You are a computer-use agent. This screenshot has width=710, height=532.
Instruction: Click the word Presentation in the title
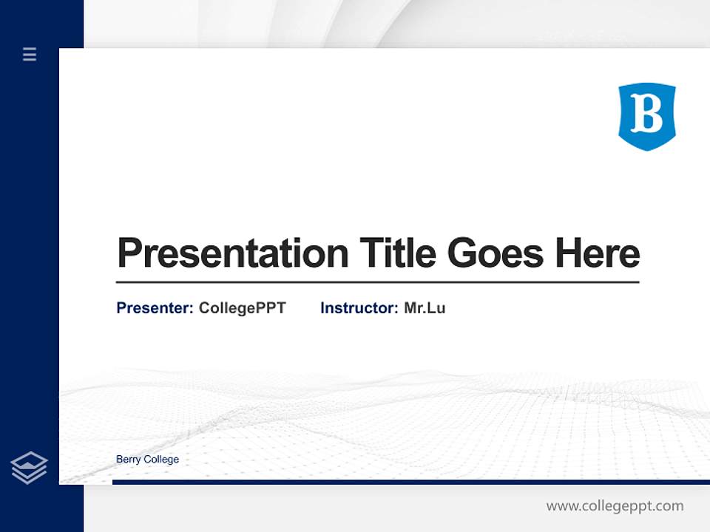tap(233, 253)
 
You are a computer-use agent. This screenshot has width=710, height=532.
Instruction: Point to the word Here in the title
tap(598, 253)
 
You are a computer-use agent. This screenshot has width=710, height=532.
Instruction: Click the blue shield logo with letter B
tap(647, 116)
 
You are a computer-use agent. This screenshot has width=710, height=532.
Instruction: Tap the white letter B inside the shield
tap(647, 115)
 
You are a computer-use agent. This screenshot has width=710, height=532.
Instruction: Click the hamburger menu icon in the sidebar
tap(30, 54)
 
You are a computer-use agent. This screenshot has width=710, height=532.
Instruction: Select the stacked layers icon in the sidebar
tap(29, 468)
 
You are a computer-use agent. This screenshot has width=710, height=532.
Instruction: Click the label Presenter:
tap(155, 308)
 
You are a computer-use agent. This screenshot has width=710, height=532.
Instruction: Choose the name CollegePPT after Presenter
tap(242, 308)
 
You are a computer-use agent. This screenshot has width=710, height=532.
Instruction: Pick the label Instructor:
tap(359, 308)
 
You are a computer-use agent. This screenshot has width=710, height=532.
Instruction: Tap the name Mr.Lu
tap(425, 308)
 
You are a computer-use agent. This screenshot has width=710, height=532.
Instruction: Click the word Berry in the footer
tap(128, 460)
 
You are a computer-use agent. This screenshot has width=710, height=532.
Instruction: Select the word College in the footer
tap(161, 460)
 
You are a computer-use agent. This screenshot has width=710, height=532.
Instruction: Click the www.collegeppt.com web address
tap(615, 506)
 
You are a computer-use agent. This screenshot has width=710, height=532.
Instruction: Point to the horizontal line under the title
tap(377, 282)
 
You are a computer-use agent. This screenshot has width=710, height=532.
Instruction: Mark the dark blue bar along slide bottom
tap(410, 482)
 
